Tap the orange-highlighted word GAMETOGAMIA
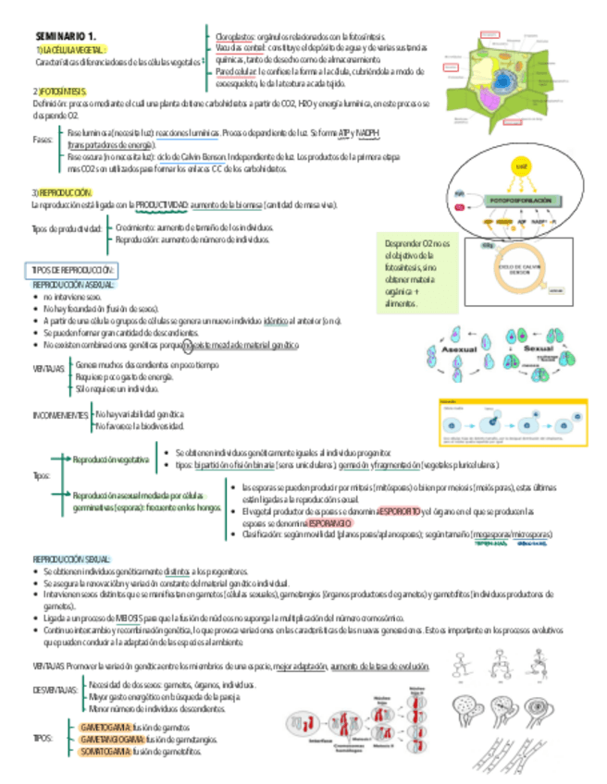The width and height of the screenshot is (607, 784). pyautogui.click(x=106, y=727)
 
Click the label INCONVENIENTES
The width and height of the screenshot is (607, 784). pyautogui.click(x=59, y=415)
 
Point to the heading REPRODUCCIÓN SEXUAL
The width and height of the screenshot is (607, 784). pyautogui.click(x=72, y=560)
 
